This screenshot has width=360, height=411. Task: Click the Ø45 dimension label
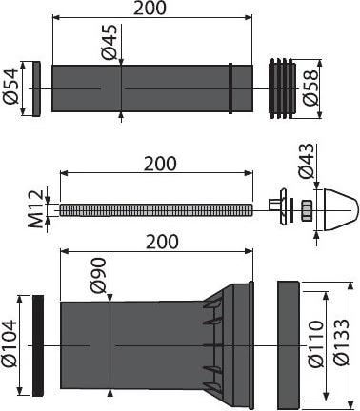coord(110,42)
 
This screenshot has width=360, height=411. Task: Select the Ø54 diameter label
coord(10,87)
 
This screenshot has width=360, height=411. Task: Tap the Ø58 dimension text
coord(310,88)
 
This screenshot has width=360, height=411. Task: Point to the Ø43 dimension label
coord(306,161)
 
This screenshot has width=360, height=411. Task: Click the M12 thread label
coord(35,209)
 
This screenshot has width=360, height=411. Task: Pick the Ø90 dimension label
coord(98,275)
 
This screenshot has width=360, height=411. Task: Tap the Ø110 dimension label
coord(316,344)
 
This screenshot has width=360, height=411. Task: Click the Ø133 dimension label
coord(341,342)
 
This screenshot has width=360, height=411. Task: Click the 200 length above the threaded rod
coord(160,164)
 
